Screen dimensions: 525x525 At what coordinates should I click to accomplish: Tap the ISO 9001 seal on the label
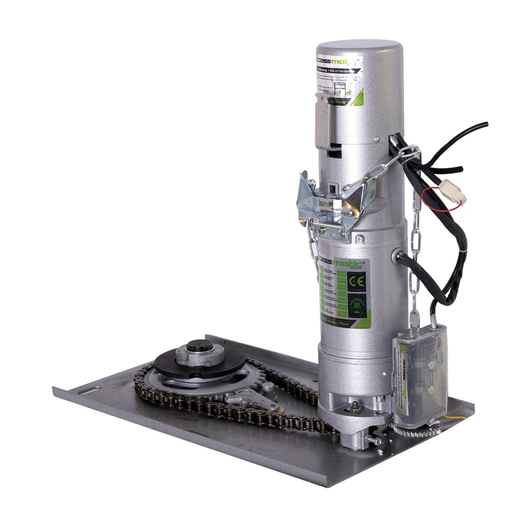point(356,306)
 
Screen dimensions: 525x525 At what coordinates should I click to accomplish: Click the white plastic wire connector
point(453,192)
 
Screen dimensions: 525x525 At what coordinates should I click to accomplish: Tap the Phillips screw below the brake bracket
point(359,238)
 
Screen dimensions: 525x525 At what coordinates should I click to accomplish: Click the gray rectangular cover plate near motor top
point(322,123)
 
